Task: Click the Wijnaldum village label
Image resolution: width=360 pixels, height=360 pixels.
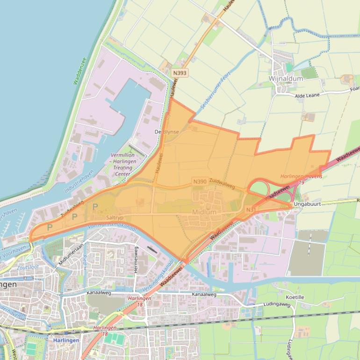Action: coord(286,79)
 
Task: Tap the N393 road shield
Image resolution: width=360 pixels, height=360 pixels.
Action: coord(179,73)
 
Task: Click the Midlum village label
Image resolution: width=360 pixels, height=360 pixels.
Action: coord(204,212)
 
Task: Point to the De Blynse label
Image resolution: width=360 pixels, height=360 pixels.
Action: coord(167,132)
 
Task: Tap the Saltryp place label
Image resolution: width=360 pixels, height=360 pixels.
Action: coord(115,218)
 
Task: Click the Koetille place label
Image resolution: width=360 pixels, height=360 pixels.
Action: coord(294,297)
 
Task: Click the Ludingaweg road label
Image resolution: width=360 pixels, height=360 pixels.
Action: coord(277,305)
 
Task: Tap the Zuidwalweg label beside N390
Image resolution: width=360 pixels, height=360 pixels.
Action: coord(222,183)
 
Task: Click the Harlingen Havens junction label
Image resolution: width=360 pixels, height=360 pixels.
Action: coord(301,176)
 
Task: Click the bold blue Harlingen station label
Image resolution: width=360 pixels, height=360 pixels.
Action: coord(65,340)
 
